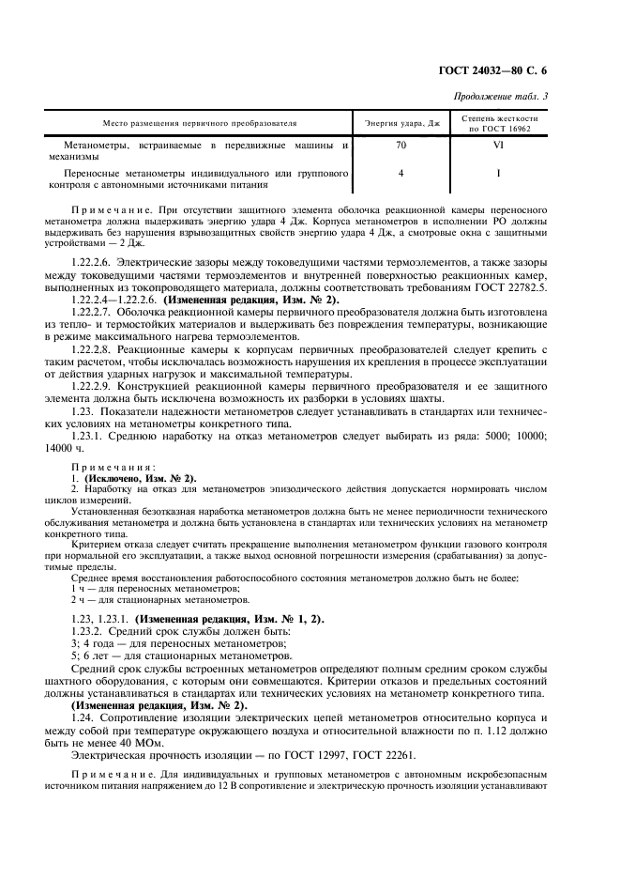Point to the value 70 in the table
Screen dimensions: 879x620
tap(401, 146)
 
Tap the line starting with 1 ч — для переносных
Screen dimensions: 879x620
tap(134, 587)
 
